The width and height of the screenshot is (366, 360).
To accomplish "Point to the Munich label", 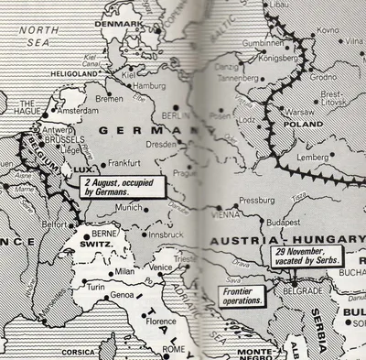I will (x=129, y=208).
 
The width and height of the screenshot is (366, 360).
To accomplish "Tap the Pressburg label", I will (x=256, y=199).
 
